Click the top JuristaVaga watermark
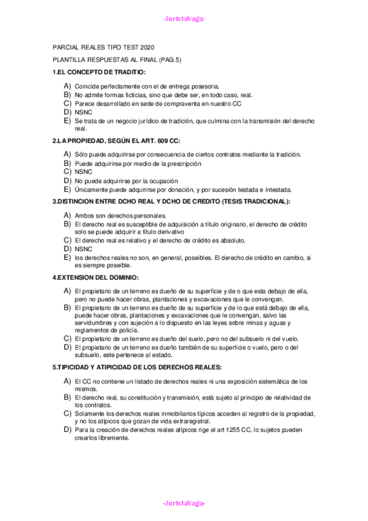184,19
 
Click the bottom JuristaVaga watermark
184,503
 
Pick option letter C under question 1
67,104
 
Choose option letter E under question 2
67,189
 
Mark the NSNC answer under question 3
84,249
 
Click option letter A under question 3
67,216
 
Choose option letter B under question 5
67,398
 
